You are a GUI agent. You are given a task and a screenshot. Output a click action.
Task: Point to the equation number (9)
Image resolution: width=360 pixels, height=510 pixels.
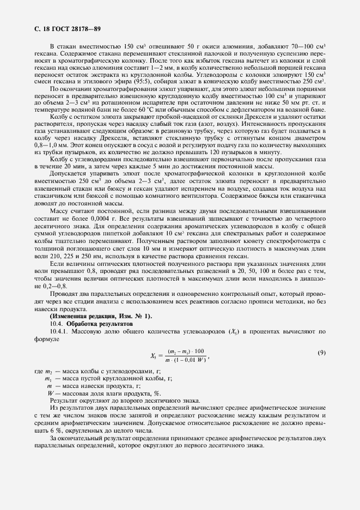click(x=321, y=353)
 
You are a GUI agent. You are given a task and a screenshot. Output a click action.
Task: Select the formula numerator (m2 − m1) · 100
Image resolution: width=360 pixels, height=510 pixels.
click(x=186, y=351)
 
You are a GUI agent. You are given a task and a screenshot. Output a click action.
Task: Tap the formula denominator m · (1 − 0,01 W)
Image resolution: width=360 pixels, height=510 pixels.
click(x=186, y=360)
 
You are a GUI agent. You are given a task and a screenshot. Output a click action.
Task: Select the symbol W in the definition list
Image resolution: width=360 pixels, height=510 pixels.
click(x=50, y=393)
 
